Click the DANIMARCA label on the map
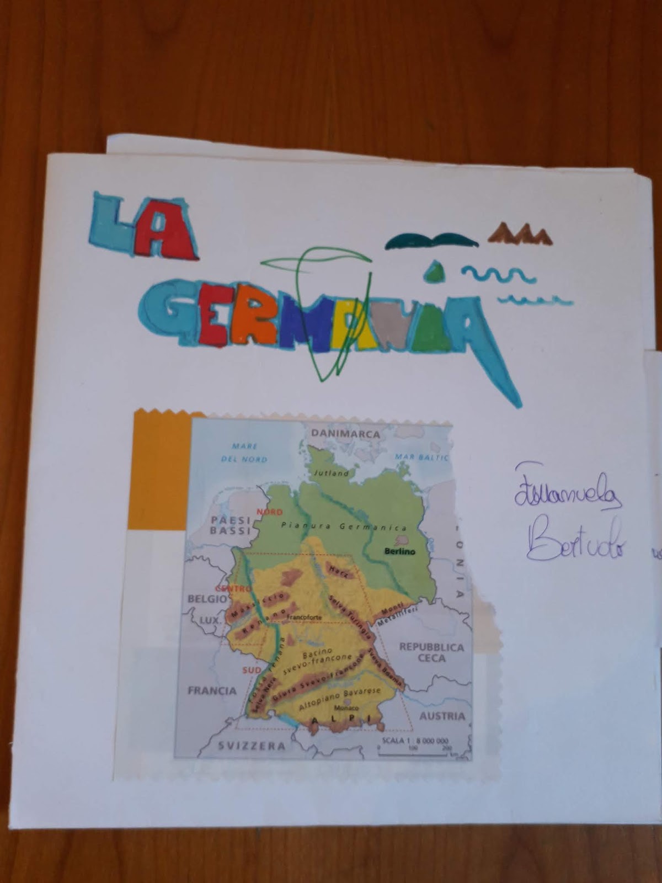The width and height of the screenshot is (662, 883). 346,434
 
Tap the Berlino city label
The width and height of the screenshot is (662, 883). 400,551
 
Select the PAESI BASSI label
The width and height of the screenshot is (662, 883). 231,525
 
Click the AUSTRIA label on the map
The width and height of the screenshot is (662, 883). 442,716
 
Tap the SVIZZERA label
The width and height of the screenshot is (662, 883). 252,746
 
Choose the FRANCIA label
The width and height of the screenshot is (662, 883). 212,690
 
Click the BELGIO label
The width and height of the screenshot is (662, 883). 207,598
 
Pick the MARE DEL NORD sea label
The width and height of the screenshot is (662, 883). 244,453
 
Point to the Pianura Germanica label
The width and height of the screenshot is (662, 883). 344,526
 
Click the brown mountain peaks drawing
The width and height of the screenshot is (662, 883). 519,234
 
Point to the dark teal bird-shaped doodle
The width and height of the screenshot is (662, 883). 431,241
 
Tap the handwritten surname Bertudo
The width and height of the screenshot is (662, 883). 575,539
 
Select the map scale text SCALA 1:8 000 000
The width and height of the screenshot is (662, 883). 415,741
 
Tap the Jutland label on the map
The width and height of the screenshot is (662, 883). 331,473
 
